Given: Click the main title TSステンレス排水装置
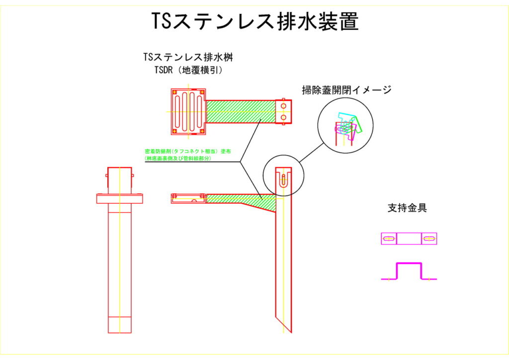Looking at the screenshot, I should pyautogui.click(x=254, y=21).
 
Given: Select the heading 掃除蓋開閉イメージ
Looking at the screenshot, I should pyautogui.click(x=347, y=90).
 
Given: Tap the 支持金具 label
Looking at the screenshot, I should pyautogui.click(x=407, y=208).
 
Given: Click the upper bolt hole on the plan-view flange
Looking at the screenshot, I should pyautogui.click(x=283, y=106).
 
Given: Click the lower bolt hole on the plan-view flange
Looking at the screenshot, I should pyautogui.click(x=283, y=117).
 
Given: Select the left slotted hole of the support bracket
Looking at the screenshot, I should pyautogui.click(x=389, y=239).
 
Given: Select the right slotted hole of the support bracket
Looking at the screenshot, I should pyautogui.click(x=428, y=239).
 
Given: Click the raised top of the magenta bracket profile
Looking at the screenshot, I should pyautogui.click(x=409, y=264).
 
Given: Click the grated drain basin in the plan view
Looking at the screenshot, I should pyautogui.click(x=188, y=111).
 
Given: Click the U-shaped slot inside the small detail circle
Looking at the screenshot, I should pyautogui.click(x=283, y=180).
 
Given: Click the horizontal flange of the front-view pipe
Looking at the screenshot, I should pyautogui.click(x=120, y=198).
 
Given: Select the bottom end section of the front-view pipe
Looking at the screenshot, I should pyautogui.click(x=120, y=325).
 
